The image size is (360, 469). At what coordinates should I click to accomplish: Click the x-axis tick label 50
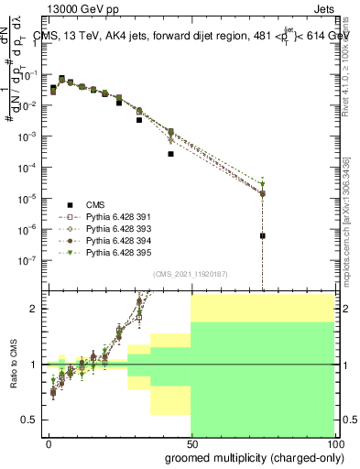pos(191,442)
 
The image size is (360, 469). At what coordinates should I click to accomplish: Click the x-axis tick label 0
pos(49,442)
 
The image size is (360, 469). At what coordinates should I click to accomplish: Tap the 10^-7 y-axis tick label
pos(29,259)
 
